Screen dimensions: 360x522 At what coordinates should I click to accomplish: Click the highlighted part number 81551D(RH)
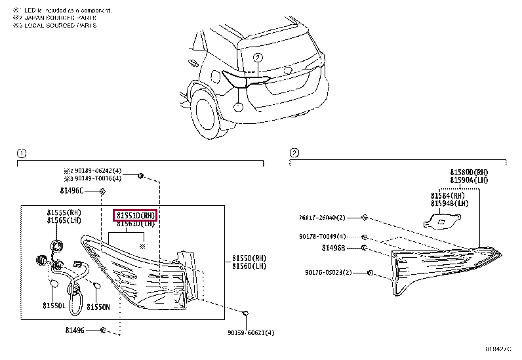pos(136,215)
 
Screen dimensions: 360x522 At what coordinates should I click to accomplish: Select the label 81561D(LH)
pos(136,224)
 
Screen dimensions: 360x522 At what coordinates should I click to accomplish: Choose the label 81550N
pos(98,306)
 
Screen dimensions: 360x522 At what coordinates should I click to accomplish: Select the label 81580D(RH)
pos(469,172)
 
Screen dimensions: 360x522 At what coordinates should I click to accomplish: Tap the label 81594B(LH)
pos(449,203)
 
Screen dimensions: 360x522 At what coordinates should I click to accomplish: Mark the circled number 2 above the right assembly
pos(294,153)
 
